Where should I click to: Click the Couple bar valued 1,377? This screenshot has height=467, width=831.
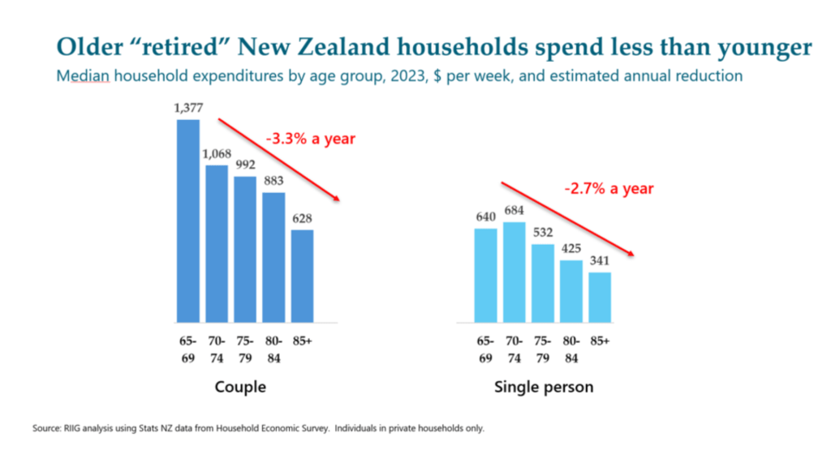pyautogui.click(x=188, y=220)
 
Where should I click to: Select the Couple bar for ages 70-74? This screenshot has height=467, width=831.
pyautogui.click(x=217, y=243)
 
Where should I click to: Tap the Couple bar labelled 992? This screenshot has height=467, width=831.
pyautogui.click(x=245, y=248)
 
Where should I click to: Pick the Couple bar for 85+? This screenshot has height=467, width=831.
pyautogui.click(x=302, y=275)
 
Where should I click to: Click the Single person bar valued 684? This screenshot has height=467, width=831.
pyautogui.click(x=514, y=272)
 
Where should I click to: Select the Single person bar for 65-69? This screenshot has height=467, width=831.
pyautogui.click(x=485, y=275)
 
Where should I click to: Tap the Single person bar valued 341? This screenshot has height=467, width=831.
pyautogui.click(x=599, y=297)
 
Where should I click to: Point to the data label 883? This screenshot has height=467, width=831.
pyautogui.click(x=273, y=182)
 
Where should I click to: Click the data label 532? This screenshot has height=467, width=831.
pyautogui.click(x=542, y=233)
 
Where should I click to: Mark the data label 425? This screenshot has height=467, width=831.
pyautogui.click(x=571, y=250)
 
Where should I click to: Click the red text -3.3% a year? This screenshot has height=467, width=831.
pyautogui.click(x=310, y=139)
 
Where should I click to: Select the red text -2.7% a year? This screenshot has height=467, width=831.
pyautogui.click(x=609, y=189)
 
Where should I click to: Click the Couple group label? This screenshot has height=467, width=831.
pyautogui.click(x=240, y=387)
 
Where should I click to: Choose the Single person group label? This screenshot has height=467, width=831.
pyautogui.click(x=543, y=387)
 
